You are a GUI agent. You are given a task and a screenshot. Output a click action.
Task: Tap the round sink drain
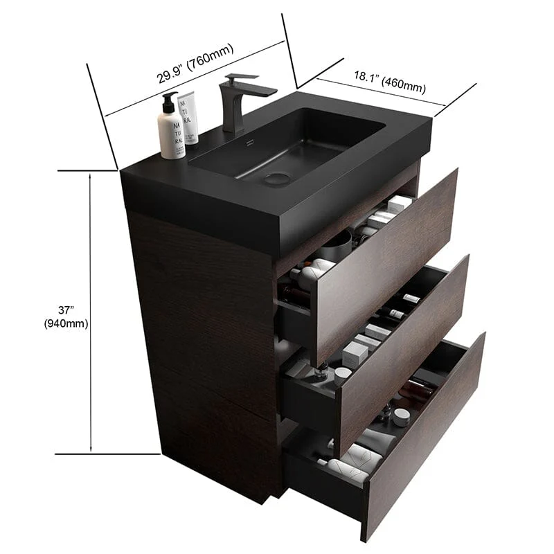coord(278,178)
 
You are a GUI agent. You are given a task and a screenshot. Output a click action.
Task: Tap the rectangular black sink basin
coord(291,145)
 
